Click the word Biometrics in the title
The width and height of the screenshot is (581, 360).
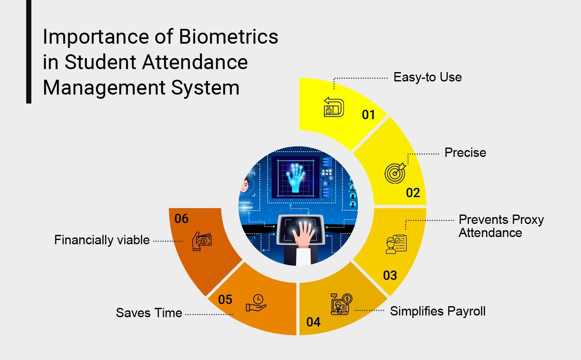click(x=228, y=37)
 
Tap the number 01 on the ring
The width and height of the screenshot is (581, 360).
click(x=369, y=115)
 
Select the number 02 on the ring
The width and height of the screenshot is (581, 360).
click(x=413, y=193)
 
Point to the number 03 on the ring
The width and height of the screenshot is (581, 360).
click(x=390, y=276)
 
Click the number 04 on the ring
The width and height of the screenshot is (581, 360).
click(x=313, y=322)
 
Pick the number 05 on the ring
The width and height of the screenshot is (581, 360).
click(x=225, y=300)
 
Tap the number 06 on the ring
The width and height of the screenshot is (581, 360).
click(x=181, y=218)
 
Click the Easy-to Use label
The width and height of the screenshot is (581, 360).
click(x=427, y=77)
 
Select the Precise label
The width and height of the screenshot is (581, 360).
click(x=465, y=153)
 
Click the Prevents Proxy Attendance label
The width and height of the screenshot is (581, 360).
click(x=501, y=226)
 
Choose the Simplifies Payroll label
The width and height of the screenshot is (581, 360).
click(x=438, y=311)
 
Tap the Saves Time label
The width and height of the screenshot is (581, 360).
click(x=149, y=313)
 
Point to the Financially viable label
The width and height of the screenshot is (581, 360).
click(x=102, y=240)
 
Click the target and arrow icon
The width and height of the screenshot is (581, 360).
click(x=395, y=173)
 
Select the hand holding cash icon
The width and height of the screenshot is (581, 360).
click(x=201, y=241)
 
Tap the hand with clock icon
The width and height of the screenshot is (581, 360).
click(x=256, y=303)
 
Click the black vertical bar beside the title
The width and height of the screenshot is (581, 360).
click(x=28, y=52)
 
